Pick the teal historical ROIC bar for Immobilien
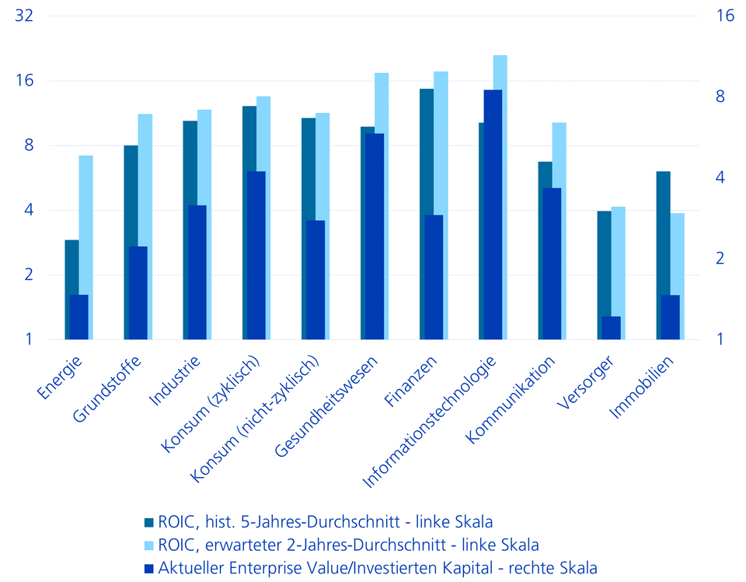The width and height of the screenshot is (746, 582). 662,233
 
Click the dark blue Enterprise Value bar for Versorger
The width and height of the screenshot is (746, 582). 611,328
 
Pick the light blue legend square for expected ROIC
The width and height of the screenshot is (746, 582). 150,545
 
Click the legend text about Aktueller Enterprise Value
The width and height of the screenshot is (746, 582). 378,567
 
